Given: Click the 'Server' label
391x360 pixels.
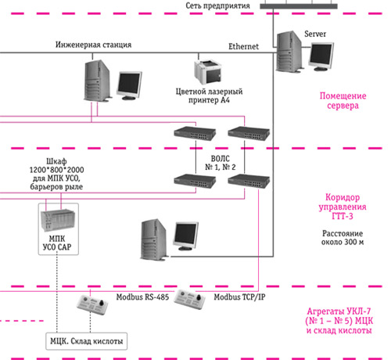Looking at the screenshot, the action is point(315,34).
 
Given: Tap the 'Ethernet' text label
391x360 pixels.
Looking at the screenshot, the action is point(243,46).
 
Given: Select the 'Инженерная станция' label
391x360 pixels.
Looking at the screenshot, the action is point(93,45).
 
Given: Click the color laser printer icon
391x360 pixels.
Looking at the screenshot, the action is point(208,71).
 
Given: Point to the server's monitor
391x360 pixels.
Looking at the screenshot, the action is point(321,56).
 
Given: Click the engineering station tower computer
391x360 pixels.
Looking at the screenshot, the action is point(97,81).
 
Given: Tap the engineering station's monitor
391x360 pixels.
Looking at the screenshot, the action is point(129,85).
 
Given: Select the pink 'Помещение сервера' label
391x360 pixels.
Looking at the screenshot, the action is point(343,101).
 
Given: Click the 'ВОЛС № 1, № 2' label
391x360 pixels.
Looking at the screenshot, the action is point(221,163).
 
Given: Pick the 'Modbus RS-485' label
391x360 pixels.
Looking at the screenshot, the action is point(142,297).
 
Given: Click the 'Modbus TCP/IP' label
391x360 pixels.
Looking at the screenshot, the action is point(239,297).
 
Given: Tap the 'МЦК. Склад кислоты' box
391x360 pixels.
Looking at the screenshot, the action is point(87,341).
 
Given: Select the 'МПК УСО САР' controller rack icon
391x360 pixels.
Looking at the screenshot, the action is point(58,220).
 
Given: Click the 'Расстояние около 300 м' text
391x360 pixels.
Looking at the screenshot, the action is point(343,237).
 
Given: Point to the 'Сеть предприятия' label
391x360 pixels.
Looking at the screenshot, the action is point(217,5).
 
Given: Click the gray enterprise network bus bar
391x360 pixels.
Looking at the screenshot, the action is point(299,6).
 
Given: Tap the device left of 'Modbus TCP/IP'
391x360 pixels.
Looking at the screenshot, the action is point(189,300).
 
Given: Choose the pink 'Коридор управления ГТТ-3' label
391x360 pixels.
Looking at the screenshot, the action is point(343,207).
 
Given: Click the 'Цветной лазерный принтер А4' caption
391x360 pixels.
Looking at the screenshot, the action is point(209,95).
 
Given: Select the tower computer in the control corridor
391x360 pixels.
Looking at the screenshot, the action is point(154,239).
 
